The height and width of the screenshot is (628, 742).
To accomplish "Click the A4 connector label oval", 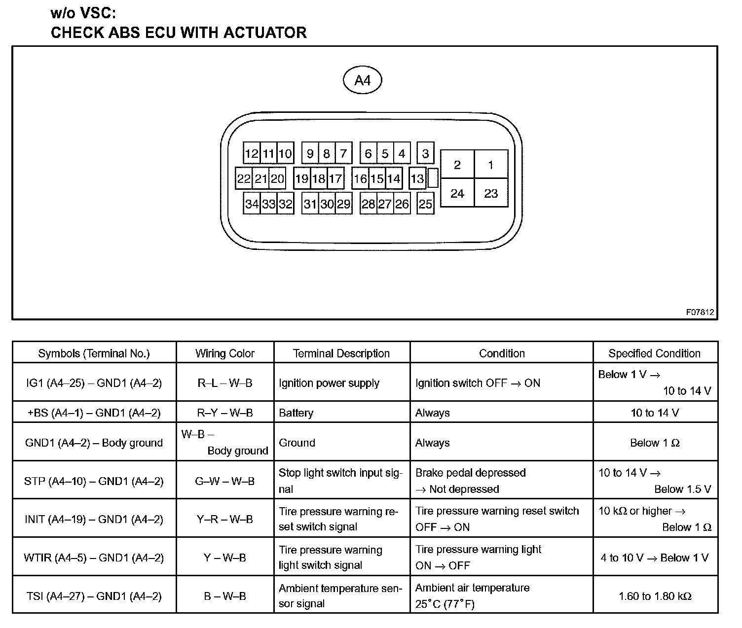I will (x=362, y=80).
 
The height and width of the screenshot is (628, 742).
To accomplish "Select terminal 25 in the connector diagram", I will (x=425, y=204).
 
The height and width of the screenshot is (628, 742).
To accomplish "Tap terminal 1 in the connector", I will (x=491, y=165).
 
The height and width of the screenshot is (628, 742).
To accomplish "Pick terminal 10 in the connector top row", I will (x=285, y=153).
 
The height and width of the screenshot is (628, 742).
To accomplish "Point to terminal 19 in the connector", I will (x=301, y=178).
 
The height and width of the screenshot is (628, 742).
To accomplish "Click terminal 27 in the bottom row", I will (x=385, y=204).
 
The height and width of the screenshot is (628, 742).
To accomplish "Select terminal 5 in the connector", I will (x=385, y=153).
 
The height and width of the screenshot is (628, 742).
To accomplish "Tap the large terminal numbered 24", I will (x=457, y=193).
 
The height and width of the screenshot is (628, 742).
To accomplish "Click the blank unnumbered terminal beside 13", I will (x=433, y=178).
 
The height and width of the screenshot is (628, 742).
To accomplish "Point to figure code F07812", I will (x=700, y=312).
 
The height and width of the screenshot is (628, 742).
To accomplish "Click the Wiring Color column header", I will (x=225, y=353).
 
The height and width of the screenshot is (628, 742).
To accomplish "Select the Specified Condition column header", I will (x=654, y=353).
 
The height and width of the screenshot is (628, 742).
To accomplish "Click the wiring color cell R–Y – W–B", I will (x=225, y=413).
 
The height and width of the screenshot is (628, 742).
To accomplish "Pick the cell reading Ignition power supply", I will (x=329, y=383).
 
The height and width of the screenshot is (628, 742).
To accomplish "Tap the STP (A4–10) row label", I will (x=94, y=481).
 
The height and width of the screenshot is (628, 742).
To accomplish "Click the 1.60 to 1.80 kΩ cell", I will (x=655, y=596).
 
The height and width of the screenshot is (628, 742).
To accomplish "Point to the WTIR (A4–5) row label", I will (x=94, y=558).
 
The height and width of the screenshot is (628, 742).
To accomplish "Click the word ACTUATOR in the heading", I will (x=265, y=33).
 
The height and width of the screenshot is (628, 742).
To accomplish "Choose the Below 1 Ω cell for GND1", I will (x=655, y=443).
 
